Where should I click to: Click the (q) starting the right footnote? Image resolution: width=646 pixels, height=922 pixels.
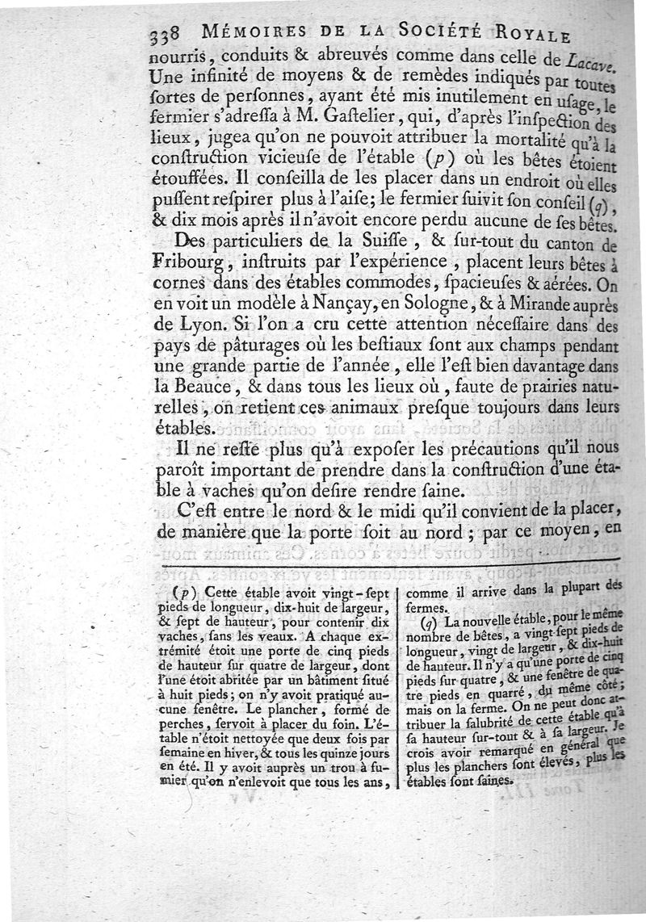(x=431, y=624)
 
